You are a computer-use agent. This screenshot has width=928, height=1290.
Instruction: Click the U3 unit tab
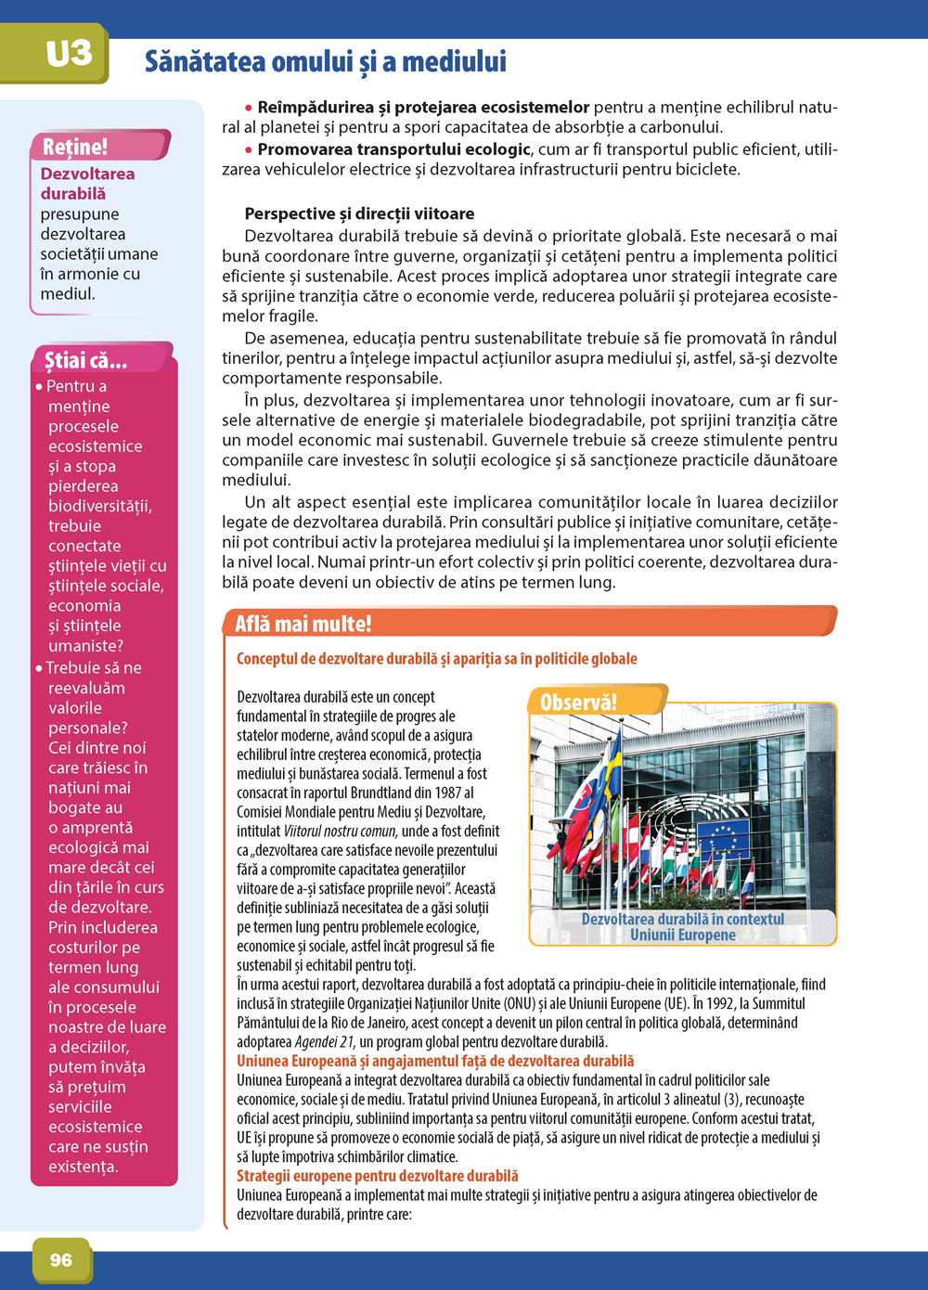pyautogui.click(x=69, y=53)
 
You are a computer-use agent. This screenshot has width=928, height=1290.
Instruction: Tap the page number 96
pyautogui.click(x=61, y=1259)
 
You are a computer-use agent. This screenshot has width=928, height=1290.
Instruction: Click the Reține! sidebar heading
pyautogui.click(x=75, y=147)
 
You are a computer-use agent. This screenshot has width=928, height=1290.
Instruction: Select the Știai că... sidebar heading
pyautogui.click(x=85, y=360)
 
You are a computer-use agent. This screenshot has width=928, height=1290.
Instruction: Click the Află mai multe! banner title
pyautogui.click(x=303, y=624)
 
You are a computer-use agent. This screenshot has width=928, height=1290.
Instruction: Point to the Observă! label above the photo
pyautogui.click(x=578, y=702)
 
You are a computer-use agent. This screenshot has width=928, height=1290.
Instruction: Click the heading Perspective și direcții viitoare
pyautogui.click(x=359, y=213)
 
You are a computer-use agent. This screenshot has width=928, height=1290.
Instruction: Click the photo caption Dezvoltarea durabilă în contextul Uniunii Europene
pyautogui.click(x=682, y=926)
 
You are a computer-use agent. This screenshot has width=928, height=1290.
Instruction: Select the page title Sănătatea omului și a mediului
pyautogui.click(x=326, y=62)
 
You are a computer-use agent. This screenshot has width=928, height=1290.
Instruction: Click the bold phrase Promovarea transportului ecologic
pyautogui.click(x=393, y=149)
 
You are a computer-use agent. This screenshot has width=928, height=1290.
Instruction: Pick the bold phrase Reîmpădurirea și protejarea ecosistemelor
pyautogui.click(x=423, y=108)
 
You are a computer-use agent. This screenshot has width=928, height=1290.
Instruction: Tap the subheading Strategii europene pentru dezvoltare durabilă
pyautogui.click(x=377, y=1176)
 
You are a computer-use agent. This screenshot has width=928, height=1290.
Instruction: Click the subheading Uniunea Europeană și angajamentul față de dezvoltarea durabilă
pyautogui.click(x=435, y=1061)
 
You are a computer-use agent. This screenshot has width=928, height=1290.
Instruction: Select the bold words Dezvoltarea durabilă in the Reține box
pyautogui.click(x=87, y=184)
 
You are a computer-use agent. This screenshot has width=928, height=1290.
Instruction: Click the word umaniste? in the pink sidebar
pyautogui.click(x=85, y=646)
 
